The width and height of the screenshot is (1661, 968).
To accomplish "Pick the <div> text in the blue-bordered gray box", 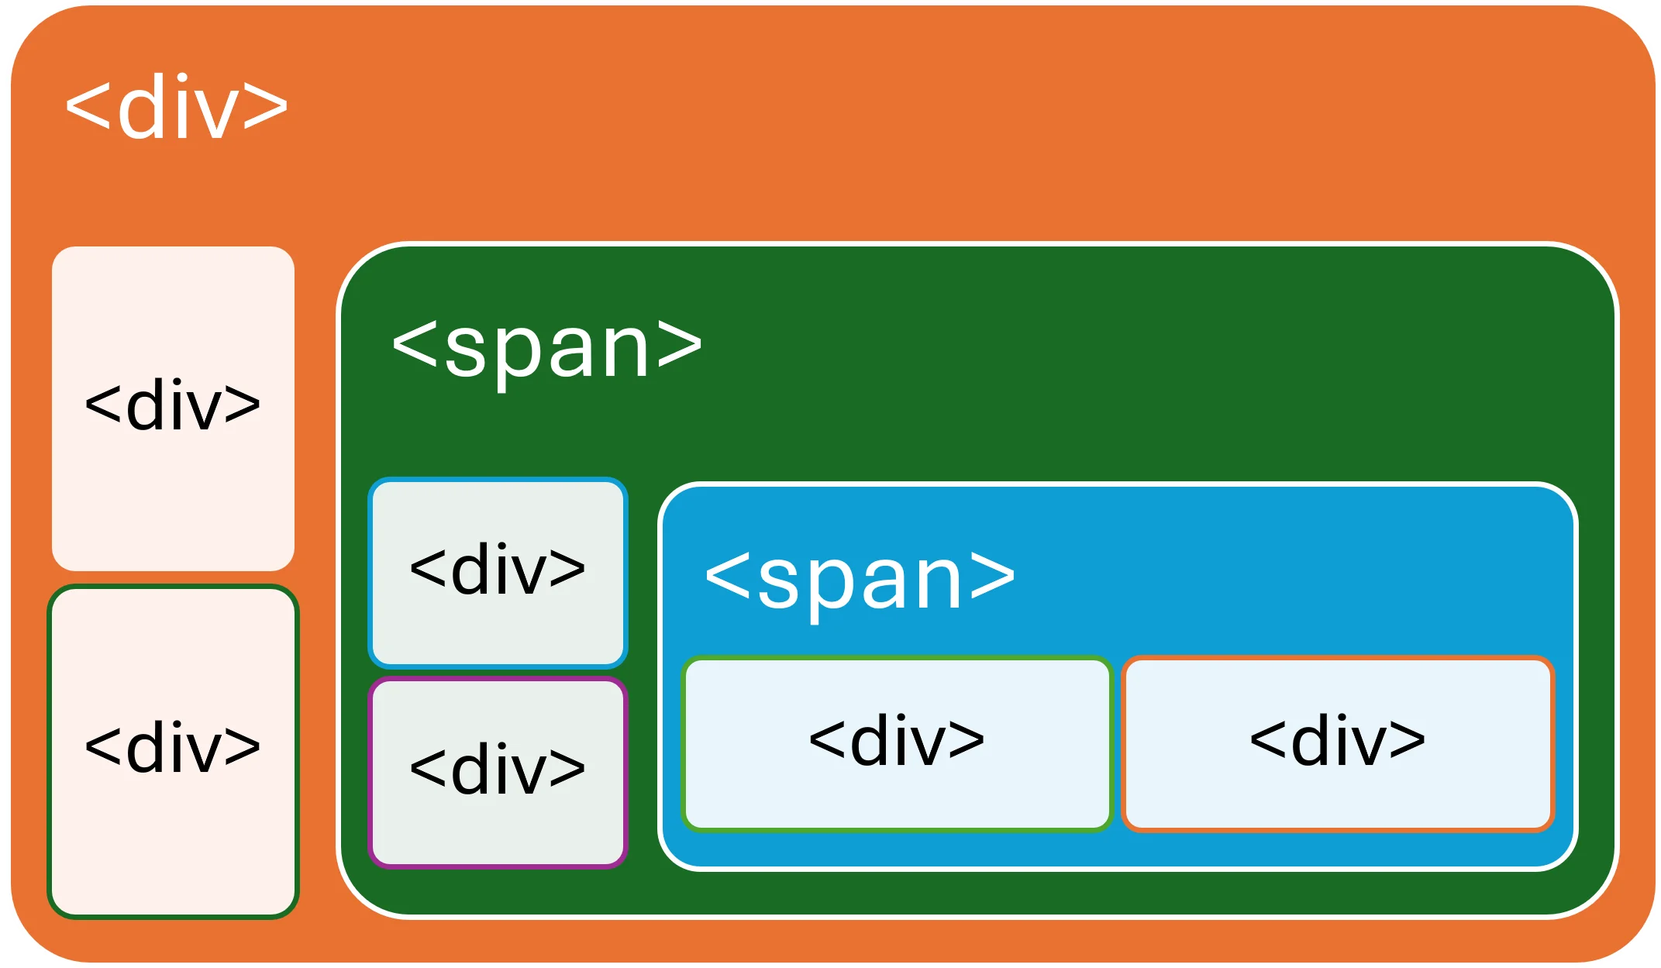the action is (x=498, y=569).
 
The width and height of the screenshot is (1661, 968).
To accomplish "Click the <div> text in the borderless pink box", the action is (x=173, y=405).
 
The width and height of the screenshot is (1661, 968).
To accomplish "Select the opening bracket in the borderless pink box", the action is (x=103, y=405).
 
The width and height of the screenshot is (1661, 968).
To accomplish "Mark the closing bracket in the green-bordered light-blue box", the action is (x=967, y=741).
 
